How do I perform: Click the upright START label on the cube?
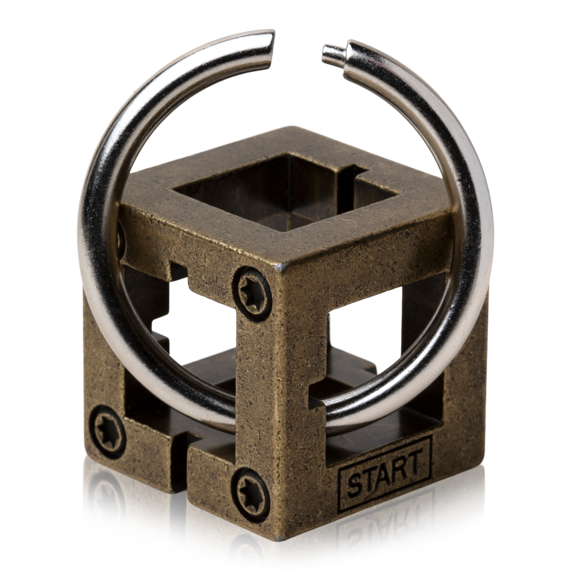tap(385, 472)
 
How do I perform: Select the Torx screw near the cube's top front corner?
tap(252, 293)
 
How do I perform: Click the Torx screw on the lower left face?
tap(107, 431)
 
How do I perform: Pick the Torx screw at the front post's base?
tap(251, 494)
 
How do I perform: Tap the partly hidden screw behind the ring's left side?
tap(121, 241)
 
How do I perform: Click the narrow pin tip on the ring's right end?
tap(333, 55)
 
